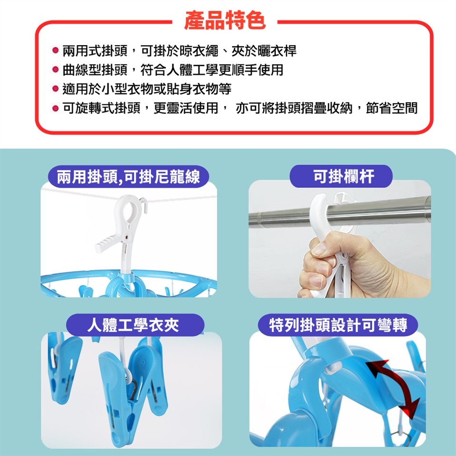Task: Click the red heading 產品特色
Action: point(225,20)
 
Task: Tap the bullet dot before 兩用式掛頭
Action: point(55,50)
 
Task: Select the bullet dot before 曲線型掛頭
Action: point(55,69)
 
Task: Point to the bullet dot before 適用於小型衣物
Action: point(55,88)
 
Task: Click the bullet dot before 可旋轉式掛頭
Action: point(55,108)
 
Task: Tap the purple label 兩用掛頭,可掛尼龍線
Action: point(128,177)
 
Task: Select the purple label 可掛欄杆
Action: point(341,176)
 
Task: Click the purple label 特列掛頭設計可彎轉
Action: point(338,325)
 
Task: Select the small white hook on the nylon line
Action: point(144,205)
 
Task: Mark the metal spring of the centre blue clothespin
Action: point(133,388)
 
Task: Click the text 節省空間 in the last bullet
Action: point(391,108)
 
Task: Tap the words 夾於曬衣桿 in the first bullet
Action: point(264,51)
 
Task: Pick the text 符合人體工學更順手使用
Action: point(212,70)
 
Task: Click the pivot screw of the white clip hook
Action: point(127,237)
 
